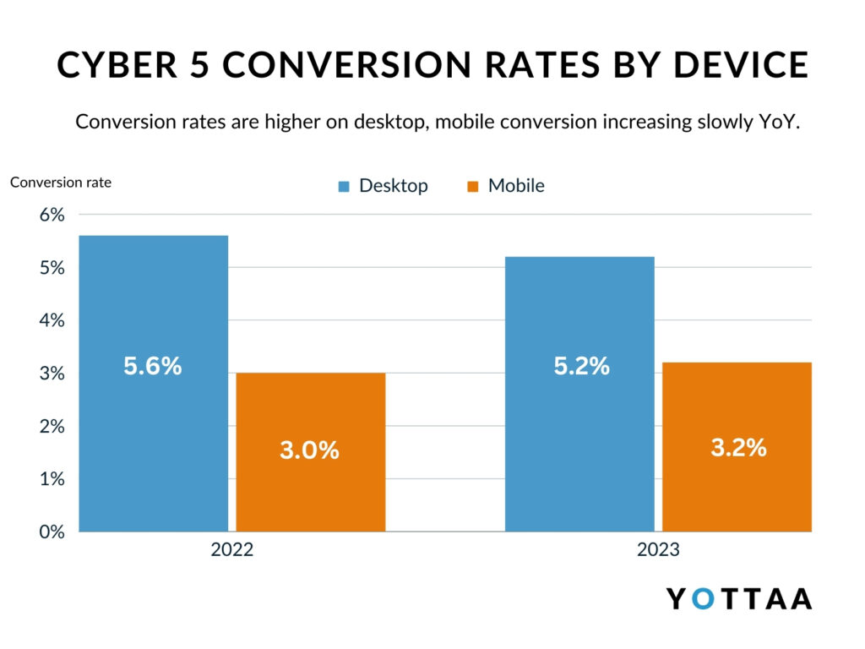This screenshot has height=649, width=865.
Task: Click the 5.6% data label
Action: click(153, 367)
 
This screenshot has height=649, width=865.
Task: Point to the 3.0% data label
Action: click(309, 450)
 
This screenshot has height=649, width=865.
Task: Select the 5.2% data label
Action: click(582, 367)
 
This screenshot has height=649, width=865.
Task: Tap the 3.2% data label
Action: click(738, 448)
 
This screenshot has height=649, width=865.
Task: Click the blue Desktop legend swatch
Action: click(344, 187)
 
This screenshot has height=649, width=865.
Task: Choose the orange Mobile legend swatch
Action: click(473, 187)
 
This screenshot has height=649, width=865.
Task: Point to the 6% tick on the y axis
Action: click(52, 215)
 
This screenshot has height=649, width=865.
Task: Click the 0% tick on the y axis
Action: click(52, 532)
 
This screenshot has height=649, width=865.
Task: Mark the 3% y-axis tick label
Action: click(52, 374)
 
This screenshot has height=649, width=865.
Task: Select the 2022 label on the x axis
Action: click(232, 550)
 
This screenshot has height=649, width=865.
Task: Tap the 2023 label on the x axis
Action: click(658, 550)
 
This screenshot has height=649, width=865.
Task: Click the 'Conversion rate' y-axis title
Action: click(61, 182)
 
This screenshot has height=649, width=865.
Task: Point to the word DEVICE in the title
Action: click(743, 66)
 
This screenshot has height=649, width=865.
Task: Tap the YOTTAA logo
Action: click(739, 598)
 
